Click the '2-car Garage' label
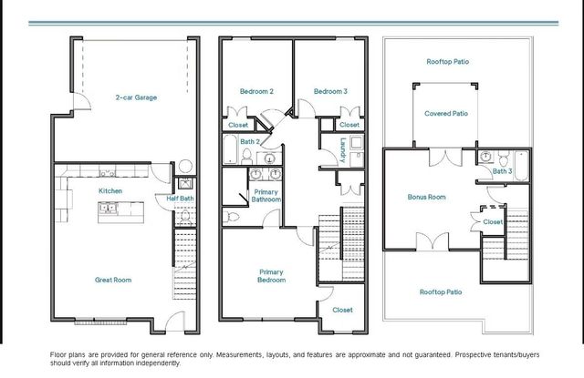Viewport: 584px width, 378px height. (133, 96)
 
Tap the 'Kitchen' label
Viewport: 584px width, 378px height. (110, 190)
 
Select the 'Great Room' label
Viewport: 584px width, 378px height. (113, 280)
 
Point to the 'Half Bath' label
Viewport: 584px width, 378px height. (179, 198)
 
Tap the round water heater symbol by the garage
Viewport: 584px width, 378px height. (184, 167)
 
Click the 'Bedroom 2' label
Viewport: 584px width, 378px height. (256, 91)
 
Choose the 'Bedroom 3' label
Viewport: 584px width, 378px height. (330, 91)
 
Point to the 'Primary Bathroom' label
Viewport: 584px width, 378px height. (266, 196)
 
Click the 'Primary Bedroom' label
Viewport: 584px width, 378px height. (271, 276)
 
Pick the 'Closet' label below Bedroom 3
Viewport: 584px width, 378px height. (349, 125)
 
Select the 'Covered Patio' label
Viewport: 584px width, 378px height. (446, 114)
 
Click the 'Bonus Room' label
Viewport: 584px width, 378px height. (425, 196)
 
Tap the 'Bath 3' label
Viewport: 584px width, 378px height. (502, 170)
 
